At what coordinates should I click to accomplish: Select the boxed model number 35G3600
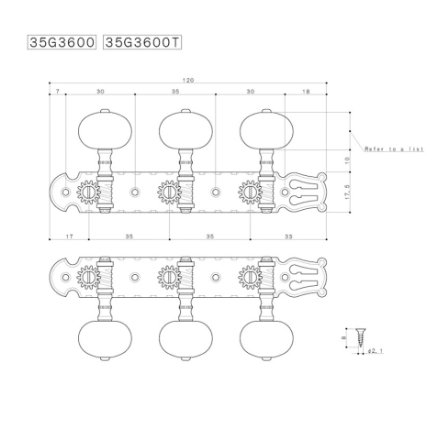pyautogui.click(x=63, y=42)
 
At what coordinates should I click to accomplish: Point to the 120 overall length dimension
pyautogui.click(x=188, y=81)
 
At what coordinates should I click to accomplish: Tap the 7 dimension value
pyautogui.click(x=58, y=92)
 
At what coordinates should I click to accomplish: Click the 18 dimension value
pyautogui.click(x=306, y=92)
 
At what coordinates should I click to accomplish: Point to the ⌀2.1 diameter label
pyautogui.click(x=374, y=350)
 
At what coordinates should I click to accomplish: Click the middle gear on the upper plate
pyautogui.click(x=169, y=193)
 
